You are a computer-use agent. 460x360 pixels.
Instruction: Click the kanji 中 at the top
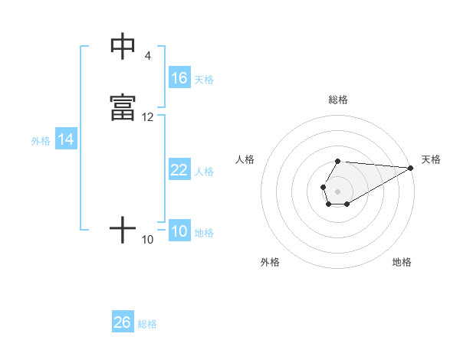pyautogui.click(x=123, y=47)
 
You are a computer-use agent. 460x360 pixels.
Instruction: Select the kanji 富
pyautogui.click(x=123, y=108)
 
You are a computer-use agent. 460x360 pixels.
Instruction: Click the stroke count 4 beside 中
pyautogui.click(x=147, y=56)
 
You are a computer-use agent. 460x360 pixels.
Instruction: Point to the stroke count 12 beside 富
pyautogui.click(x=148, y=117)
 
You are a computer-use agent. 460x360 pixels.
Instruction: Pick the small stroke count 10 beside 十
pyautogui.click(x=148, y=240)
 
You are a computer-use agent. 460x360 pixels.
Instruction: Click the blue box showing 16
pyautogui.click(x=179, y=78)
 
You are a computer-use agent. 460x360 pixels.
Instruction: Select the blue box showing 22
pyautogui.click(x=179, y=170)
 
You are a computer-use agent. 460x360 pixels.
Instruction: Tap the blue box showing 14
pyautogui.click(x=66, y=139)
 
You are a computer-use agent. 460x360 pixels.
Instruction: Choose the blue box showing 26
pyautogui.click(x=123, y=322)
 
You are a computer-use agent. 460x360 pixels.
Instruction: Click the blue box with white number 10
pyautogui.click(x=179, y=231)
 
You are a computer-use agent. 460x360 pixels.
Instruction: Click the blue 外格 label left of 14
pyautogui.click(x=41, y=141)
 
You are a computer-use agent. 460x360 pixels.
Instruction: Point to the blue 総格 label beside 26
pyautogui.click(x=147, y=324)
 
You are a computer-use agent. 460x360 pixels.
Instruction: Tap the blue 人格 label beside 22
pyautogui.click(x=204, y=172)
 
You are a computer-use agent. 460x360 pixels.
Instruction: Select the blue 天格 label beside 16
pyautogui.click(x=204, y=80)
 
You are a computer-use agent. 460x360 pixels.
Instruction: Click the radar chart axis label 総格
pyautogui.click(x=338, y=100)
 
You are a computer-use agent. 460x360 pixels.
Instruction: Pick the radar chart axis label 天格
pyautogui.click(x=431, y=159)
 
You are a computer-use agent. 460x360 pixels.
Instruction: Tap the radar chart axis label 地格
pyautogui.click(x=402, y=262)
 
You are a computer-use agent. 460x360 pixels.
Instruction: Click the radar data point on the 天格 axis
pyautogui.click(x=411, y=168)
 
